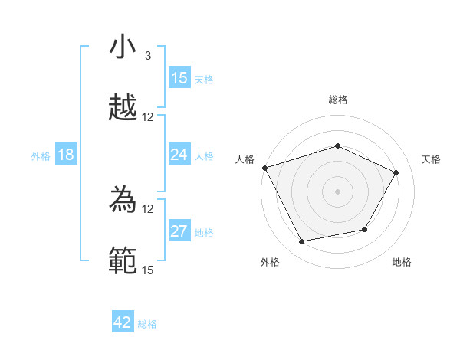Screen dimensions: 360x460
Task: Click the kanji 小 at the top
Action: pos(123,47)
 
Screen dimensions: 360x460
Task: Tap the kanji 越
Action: pos(123,109)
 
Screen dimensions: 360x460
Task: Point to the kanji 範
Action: pos(123,260)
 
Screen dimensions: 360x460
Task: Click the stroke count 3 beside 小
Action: pos(147,56)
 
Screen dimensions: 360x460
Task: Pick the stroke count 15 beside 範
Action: pos(147,270)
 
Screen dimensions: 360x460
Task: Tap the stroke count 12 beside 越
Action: pos(148,117)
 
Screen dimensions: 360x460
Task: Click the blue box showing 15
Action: pos(179,78)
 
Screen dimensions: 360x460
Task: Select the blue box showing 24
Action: pos(179,155)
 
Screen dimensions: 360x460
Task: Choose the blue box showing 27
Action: pos(179,231)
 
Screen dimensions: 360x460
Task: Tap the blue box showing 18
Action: pos(66,155)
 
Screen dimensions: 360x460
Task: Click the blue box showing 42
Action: pos(123,322)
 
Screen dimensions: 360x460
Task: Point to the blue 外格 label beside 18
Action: pos(41,155)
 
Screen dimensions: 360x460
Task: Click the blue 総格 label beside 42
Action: pos(147,323)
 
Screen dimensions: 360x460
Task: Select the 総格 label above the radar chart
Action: pos(338,100)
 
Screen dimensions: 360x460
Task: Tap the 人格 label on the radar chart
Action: pos(245,159)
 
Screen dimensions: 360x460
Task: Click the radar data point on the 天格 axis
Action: pos(396,172)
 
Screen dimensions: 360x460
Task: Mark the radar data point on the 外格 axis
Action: pos(301,242)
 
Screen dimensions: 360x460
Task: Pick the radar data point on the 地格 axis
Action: pos(365,229)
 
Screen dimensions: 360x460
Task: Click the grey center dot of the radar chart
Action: pos(338,191)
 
